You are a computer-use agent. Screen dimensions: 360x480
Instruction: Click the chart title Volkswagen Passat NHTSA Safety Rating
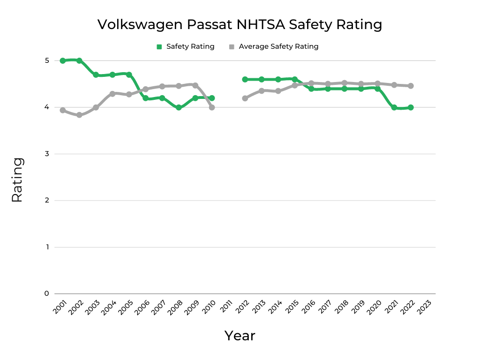coord(240,24)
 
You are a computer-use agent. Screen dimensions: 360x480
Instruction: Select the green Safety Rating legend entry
coord(185,46)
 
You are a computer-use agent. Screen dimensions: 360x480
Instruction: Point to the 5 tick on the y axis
coord(47,60)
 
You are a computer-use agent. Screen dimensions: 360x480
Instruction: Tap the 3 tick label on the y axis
coord(47,154)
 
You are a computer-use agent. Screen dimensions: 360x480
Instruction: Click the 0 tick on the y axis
coord(47,293)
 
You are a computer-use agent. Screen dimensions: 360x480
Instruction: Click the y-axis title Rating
coord(17,180)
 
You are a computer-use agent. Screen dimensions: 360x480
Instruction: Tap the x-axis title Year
coord(240,336)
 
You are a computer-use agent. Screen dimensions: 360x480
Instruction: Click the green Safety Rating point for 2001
coord(63,60)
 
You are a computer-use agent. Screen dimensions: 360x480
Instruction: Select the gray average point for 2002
coord(79,115)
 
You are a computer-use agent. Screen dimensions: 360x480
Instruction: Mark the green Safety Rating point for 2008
coord(179,107)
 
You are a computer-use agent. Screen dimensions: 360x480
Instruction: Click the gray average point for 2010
coord(212,107)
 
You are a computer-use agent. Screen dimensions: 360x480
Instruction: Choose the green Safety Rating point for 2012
coord(245,79)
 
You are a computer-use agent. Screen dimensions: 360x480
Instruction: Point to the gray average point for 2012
coord(245,98)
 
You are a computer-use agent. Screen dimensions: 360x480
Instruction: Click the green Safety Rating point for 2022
coord(411,107)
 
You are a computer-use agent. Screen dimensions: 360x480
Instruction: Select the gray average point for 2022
coord(411,86)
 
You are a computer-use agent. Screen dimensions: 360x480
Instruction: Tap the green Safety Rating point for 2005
coord(129,75)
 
